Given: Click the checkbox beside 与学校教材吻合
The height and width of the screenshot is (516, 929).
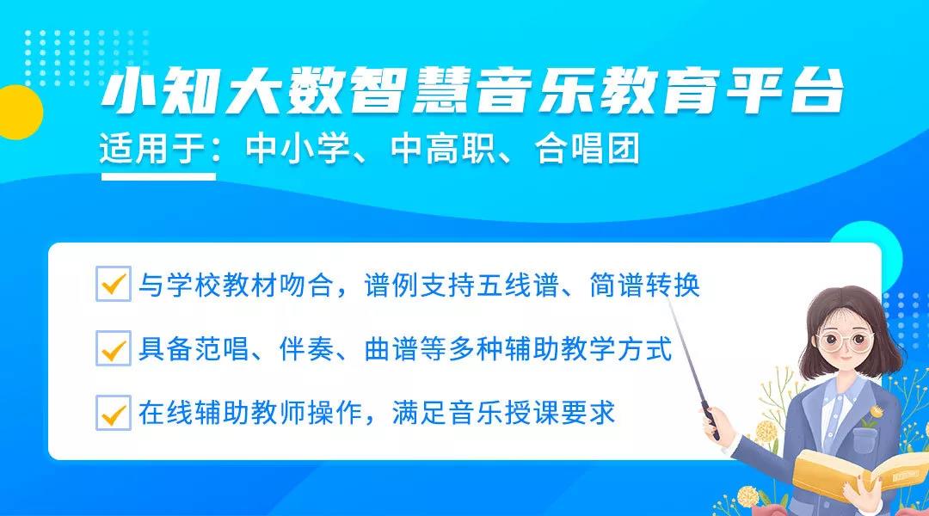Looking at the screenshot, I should (x=113, y=284).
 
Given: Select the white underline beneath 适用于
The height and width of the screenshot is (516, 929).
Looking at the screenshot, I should (x=158, y=176).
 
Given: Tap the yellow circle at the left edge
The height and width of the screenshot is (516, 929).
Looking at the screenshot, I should (x=15, y=113).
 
